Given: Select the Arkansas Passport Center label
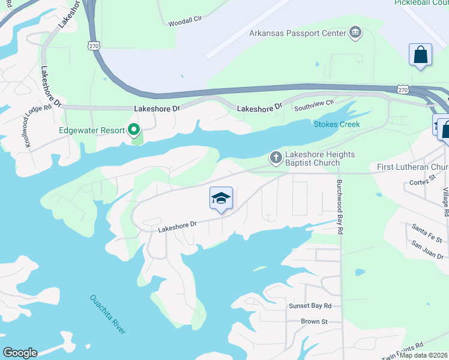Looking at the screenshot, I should click(x=297, y=32).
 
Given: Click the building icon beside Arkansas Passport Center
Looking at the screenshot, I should click(x=355, y=32).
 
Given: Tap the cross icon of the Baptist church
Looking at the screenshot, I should click(x=276, y=158).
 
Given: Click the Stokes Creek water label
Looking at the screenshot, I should click(x=336, y=124).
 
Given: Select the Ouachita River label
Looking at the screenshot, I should click(x=108, y=314).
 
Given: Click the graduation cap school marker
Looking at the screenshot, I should click(x=221, y=199).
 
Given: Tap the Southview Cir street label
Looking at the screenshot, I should click(x=313, y=108).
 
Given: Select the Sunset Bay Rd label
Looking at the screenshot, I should click(x=310, y=305).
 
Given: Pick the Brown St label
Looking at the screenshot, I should click(x=314, y=322).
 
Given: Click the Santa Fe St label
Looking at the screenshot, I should click(x=427, y=233).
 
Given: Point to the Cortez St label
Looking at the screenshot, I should click(x=423, y=182).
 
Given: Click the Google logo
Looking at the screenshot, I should click(x=20, y=353).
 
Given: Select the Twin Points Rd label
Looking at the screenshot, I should click(x=403, y=348).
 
